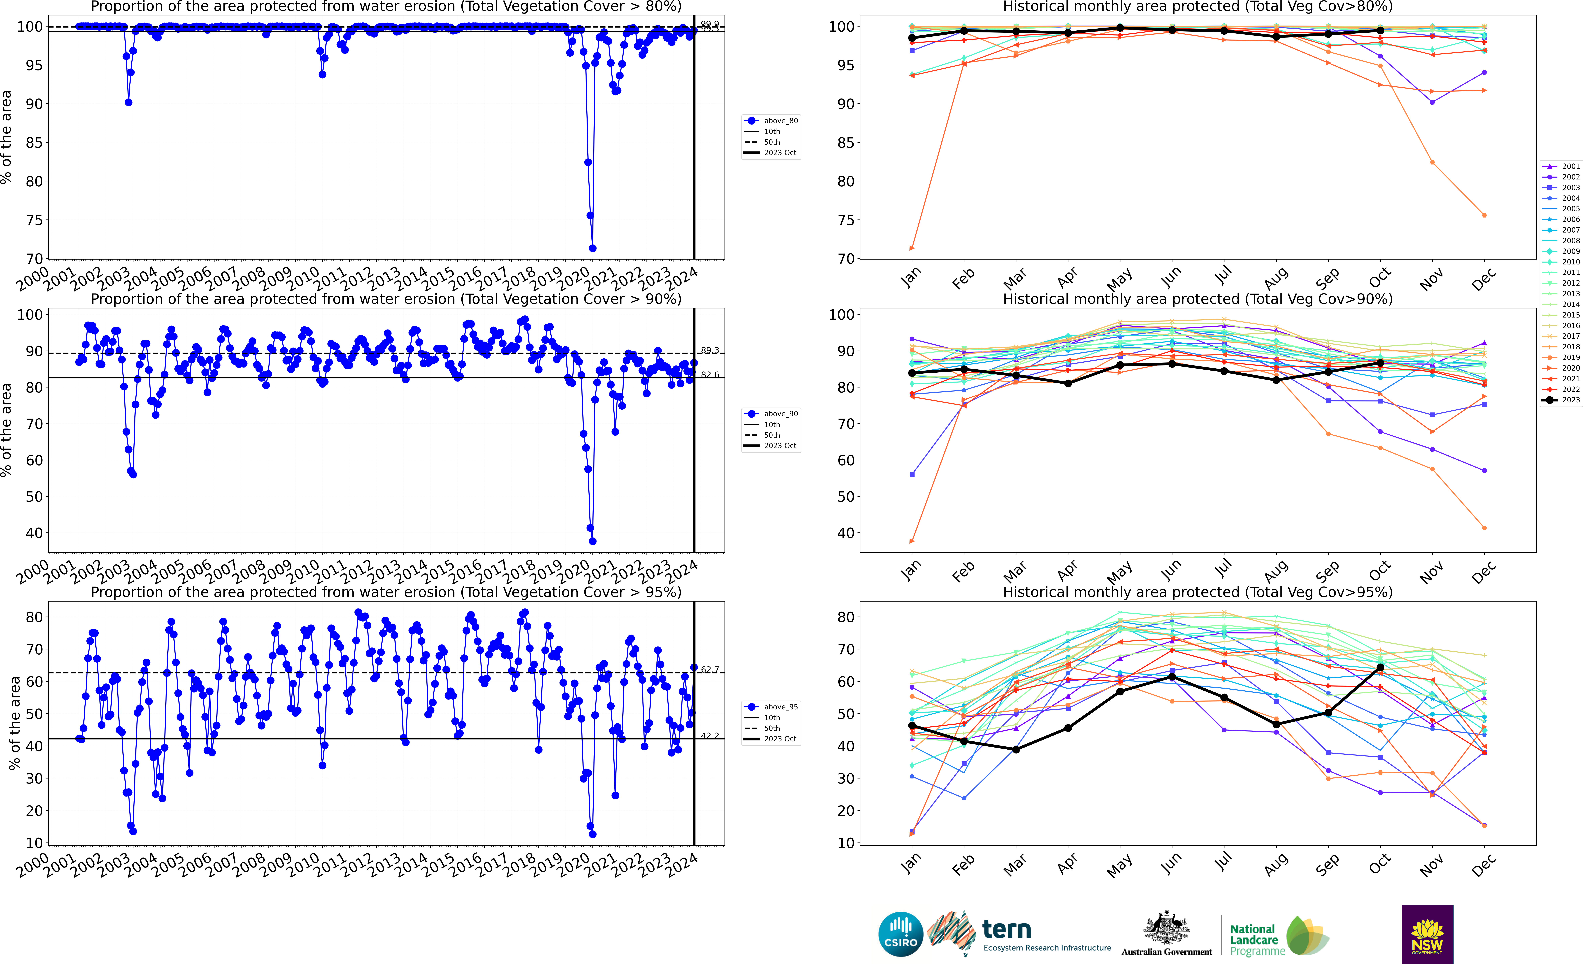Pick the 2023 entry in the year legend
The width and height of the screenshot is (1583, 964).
(1561, 400)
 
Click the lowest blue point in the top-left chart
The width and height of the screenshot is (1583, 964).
(592, 248)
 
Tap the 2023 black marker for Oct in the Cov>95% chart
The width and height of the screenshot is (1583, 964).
(1380, 668)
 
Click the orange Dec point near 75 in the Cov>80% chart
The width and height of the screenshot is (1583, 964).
(1484, 215)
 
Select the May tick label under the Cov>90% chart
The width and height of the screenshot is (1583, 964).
(1120, 570)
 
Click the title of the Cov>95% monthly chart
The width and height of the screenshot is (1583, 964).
(1198, 592)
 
